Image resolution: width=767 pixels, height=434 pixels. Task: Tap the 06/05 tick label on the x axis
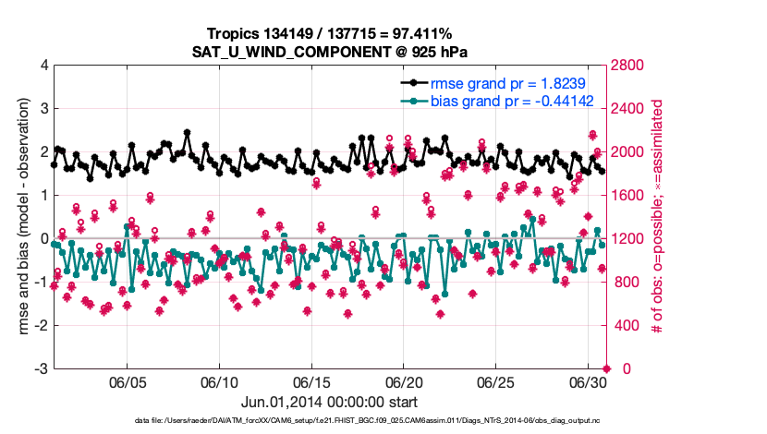point(128,382)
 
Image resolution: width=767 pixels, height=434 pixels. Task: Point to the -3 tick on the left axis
point(41,368)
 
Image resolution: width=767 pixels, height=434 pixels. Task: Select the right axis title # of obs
point(658,217)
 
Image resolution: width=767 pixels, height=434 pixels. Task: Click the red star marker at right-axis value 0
point(606,368)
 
